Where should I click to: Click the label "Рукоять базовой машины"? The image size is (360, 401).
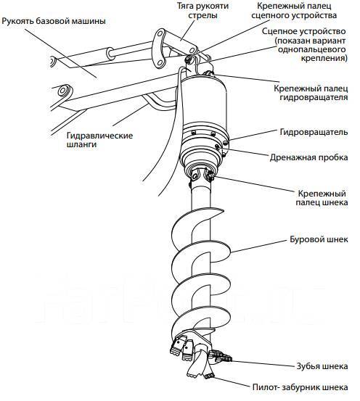54,21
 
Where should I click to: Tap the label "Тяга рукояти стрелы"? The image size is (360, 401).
202,10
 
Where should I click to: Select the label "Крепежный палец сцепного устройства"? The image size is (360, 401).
294,10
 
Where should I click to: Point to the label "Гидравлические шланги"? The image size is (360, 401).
99,140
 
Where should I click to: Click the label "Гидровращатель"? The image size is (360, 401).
314,132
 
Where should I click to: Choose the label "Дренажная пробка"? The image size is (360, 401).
308,157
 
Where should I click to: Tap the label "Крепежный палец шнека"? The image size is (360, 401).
322,198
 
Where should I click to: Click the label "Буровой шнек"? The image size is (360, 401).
319,239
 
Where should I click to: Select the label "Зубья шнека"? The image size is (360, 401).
322,366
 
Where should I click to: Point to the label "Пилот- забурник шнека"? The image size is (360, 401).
300,387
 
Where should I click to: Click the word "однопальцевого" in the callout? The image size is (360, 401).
311,49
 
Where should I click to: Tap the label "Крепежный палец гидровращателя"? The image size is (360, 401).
311,93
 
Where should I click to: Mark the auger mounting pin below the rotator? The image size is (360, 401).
210,175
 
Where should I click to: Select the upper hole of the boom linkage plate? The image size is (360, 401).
159,35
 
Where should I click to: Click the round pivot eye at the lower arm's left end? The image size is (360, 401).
62,90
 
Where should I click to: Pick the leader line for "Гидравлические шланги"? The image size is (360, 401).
131,115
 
